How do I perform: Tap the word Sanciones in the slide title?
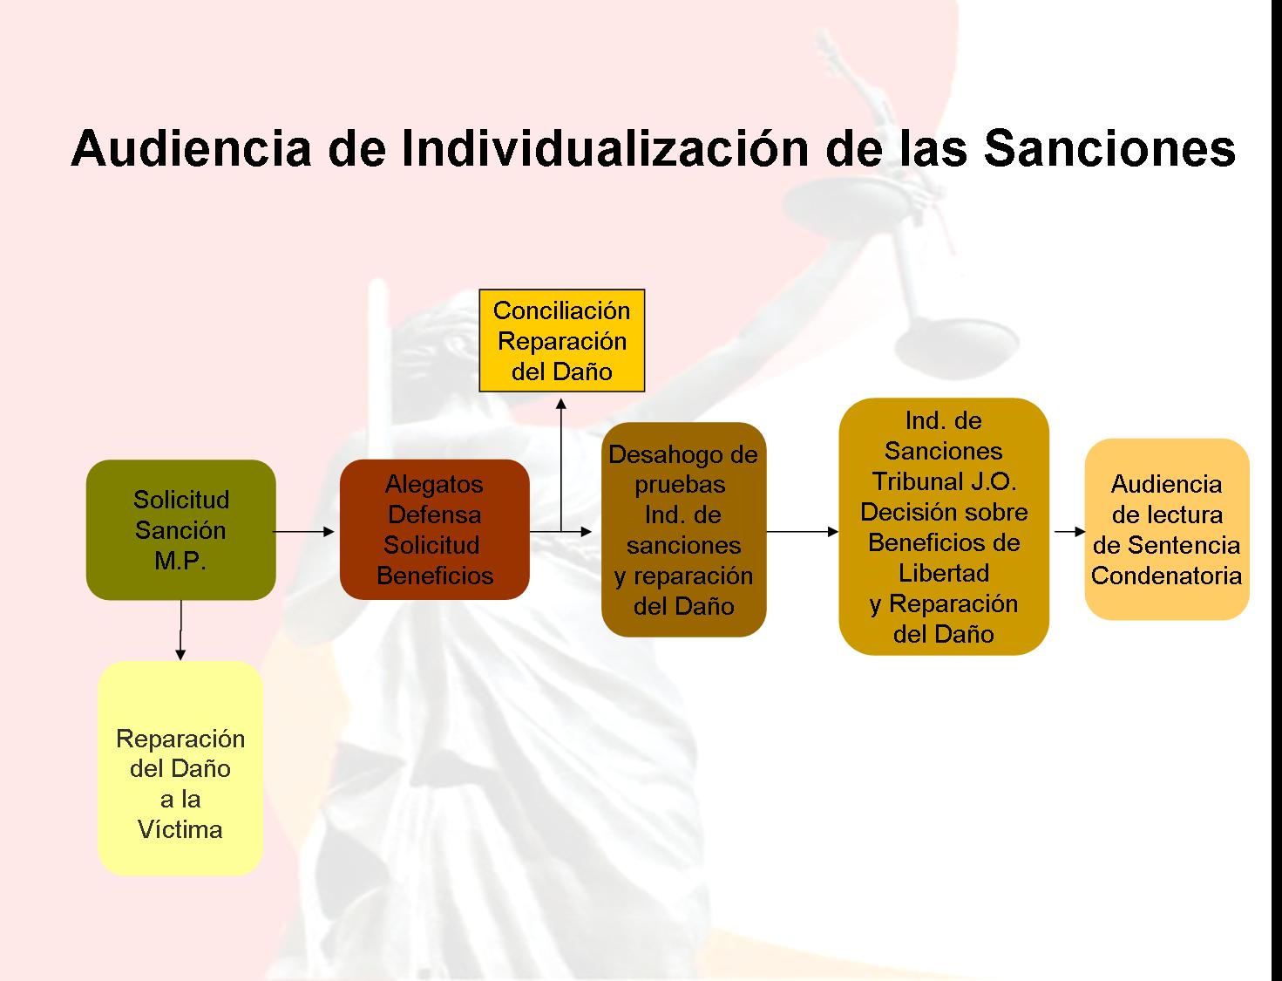coord(1109,148)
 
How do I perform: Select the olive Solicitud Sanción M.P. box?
coord(181,529)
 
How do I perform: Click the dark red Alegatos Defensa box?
coord(435,529)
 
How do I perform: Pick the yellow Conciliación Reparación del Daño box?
coord(562,340)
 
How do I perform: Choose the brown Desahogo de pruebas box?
coord(684,529)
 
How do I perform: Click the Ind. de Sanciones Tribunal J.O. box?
coord(944,527)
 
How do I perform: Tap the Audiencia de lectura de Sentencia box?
coord(1167,529)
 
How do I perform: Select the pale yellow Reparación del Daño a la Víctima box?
coord(180,767)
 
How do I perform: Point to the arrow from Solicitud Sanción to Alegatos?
coord(303,532)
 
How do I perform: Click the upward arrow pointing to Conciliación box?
coord(561,465)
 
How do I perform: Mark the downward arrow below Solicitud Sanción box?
coord(180,630)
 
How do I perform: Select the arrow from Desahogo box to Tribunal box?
coord(803,532)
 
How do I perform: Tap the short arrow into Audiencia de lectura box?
coord(1069,532)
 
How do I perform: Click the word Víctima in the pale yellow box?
coord(180,829)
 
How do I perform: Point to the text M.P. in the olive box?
coord(180,561)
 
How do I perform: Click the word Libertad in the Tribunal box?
coord(944,573)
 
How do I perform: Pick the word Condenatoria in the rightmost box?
coord(1166,576)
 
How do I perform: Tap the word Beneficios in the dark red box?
coord(435,576)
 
